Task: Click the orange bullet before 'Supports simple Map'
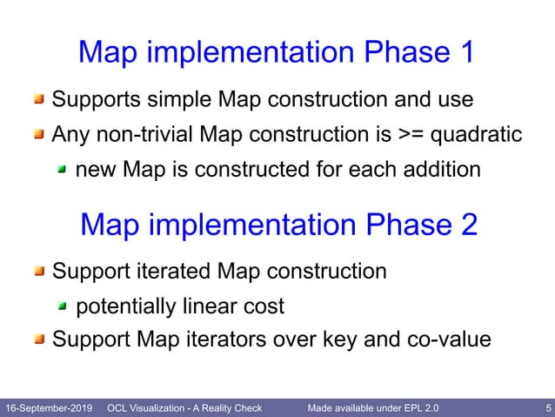39,100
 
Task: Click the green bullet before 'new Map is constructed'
63,170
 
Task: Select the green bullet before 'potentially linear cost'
63,306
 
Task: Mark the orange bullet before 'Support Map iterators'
39,340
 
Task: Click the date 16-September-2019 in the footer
49,407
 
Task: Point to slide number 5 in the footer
545,407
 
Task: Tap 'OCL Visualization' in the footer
148,407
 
